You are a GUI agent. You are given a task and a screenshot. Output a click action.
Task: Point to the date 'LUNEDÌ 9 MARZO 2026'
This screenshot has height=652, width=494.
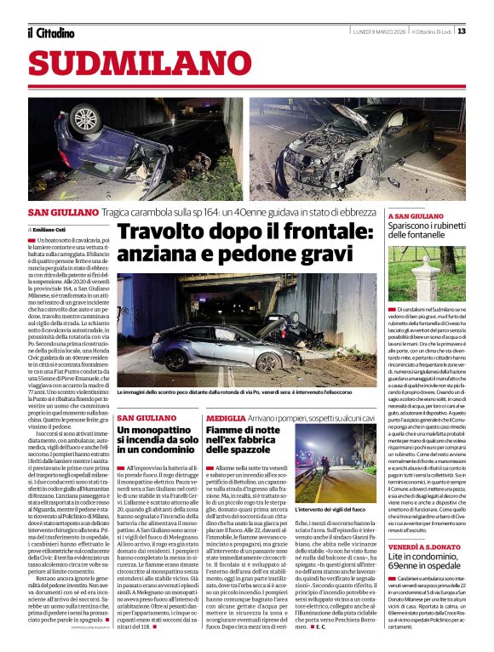pos(378,31)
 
